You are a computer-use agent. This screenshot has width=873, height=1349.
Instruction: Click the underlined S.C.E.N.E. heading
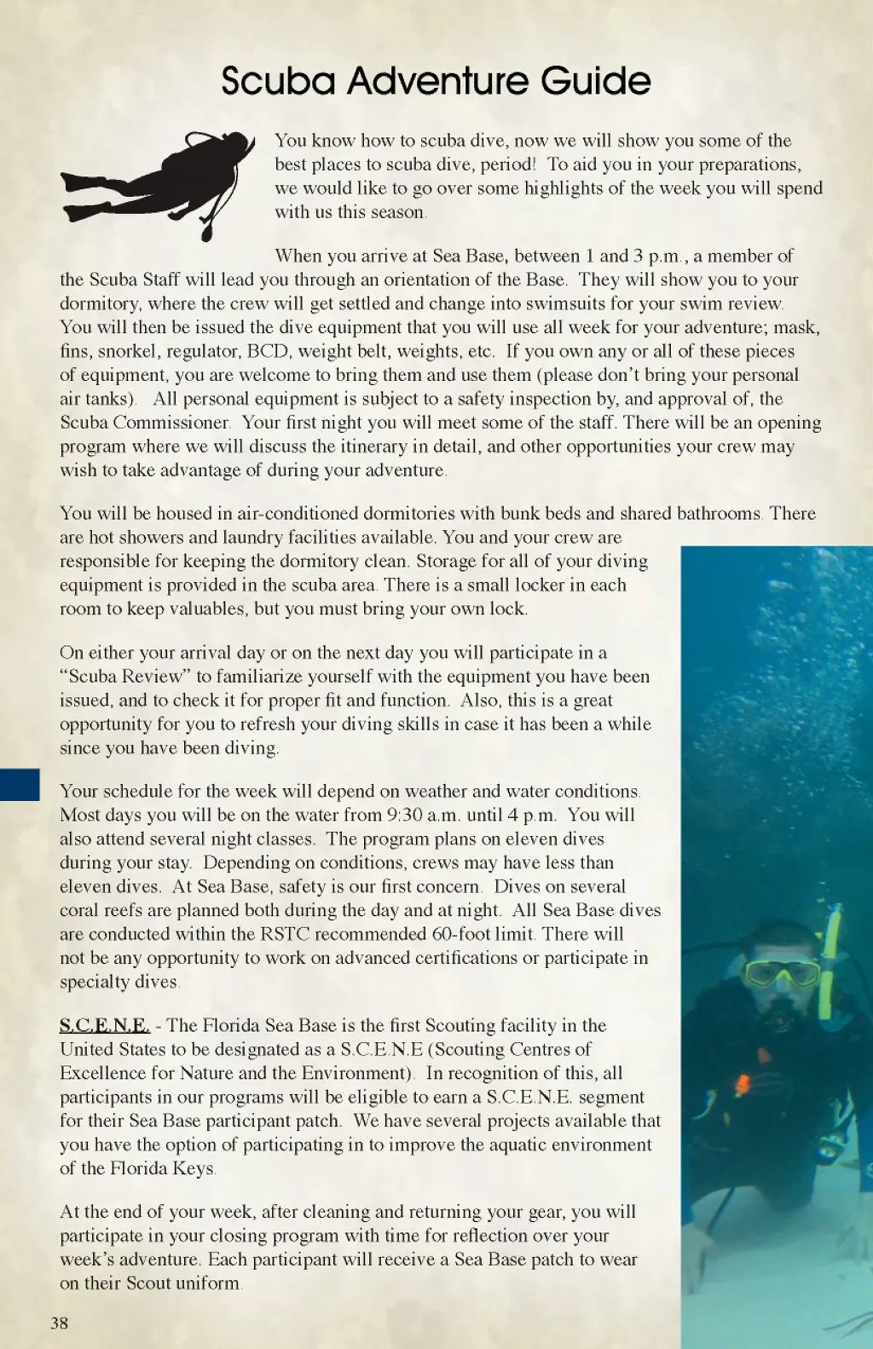click(105, 1025)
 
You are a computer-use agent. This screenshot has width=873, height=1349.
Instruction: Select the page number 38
click(59, 1323)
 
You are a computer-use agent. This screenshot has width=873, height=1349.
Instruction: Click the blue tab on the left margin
click(20, 784)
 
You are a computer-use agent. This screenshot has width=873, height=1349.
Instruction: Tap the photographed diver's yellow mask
click(781, 973)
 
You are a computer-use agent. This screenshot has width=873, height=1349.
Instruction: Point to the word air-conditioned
click(298, 513)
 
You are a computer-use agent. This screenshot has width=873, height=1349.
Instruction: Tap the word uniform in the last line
click(207, 1283)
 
